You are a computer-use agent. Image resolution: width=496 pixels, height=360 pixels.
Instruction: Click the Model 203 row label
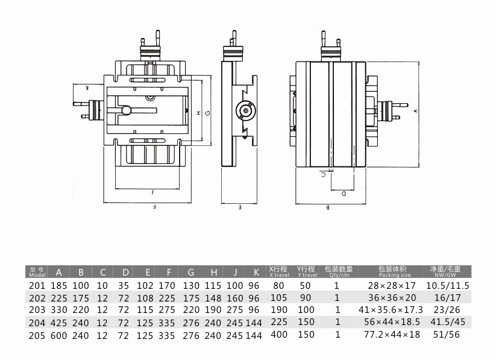pos(37,310)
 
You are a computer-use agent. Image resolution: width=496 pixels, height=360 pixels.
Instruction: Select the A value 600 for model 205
pos(59,335)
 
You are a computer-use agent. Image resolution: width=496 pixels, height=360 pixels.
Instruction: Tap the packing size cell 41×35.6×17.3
pos(391,310)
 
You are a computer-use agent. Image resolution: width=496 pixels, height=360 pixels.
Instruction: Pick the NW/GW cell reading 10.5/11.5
pos(448,286)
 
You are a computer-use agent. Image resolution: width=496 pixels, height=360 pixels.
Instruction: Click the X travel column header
pos(278,272)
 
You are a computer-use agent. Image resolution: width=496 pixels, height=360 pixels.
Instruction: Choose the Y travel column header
pos(306,272)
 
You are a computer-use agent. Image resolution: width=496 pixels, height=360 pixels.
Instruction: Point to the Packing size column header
pos(393,272)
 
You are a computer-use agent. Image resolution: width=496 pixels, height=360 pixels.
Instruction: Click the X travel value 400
pos(279,334)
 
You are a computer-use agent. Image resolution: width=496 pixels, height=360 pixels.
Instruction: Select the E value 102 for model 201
pos(145,286)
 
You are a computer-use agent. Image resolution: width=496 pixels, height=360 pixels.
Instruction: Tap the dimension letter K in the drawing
pos(87,87)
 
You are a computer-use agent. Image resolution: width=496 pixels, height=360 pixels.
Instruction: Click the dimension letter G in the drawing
pos(207,112)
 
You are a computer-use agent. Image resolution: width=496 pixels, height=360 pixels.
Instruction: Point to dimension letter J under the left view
pos(153,192)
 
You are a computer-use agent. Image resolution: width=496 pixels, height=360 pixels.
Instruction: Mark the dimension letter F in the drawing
pos(154,207)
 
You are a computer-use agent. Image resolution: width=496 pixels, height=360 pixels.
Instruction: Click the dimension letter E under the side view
pos(240,207)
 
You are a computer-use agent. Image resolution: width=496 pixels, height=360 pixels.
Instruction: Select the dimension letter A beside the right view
pos(416,111)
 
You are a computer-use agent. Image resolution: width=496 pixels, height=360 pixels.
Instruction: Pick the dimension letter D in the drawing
pos(344,194)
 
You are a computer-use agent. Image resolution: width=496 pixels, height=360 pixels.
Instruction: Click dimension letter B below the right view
pos(328,207)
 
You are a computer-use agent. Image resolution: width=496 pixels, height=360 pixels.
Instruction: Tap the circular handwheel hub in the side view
pos(246,110)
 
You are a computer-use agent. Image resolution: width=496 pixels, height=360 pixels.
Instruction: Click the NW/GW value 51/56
pos(447,334)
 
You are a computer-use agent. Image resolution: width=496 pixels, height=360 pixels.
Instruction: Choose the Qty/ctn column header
pos(339,272)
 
